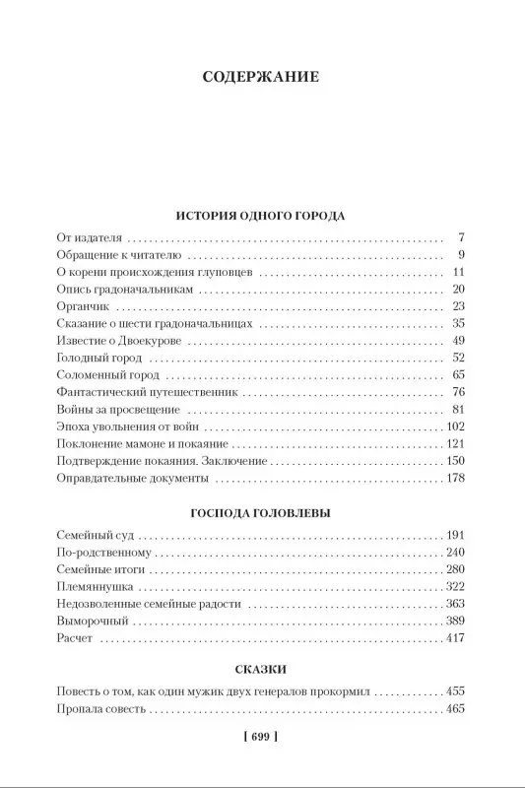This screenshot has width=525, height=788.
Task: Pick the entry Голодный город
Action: (x=98, y=357)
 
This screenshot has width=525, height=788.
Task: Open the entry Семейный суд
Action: (x=96, y=535)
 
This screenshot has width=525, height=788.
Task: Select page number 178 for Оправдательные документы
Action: (x=453, y=478)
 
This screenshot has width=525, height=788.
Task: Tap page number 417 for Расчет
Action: (x=453, y=638)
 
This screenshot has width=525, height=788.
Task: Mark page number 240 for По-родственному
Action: (x=453, y=553)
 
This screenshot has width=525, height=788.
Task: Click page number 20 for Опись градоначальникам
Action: (x=456, y=289)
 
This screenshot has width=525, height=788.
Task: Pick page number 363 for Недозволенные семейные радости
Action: (x=453, y=604)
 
